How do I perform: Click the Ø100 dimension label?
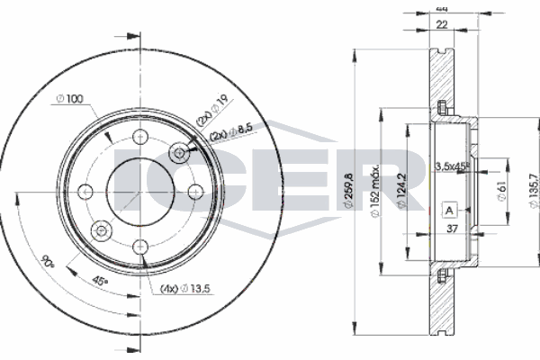tap(71, 98)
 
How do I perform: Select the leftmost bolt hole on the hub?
tap(85, 191)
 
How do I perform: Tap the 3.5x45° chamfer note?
tap(454, 166)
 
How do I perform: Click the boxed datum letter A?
tap(449, 211)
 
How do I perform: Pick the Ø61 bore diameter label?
tap(501, 190)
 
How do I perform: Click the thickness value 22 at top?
tap(441, 24)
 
